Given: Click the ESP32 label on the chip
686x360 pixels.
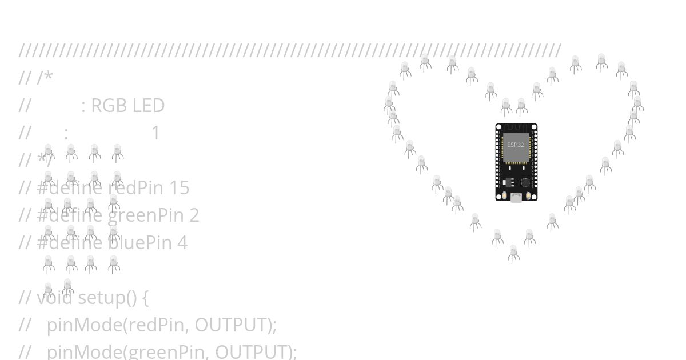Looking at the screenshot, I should click(516, 145).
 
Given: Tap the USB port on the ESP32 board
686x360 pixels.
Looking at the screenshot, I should click(516, 198).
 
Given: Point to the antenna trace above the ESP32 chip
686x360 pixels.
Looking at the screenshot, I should click(516, 128).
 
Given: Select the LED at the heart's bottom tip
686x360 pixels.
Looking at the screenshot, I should click(513, 253).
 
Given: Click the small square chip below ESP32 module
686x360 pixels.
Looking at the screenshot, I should click(525, 182).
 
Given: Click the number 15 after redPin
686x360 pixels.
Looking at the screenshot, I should click(179, 188).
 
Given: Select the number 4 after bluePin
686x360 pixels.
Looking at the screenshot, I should click(182, 243).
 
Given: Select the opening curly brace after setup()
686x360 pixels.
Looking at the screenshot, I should click(145, 298).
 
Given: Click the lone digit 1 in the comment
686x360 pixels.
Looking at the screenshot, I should click(155, 133).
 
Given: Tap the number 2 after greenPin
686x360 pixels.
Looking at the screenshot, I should click(194, 215).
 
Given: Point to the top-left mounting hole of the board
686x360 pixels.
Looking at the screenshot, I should click(499, 127).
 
